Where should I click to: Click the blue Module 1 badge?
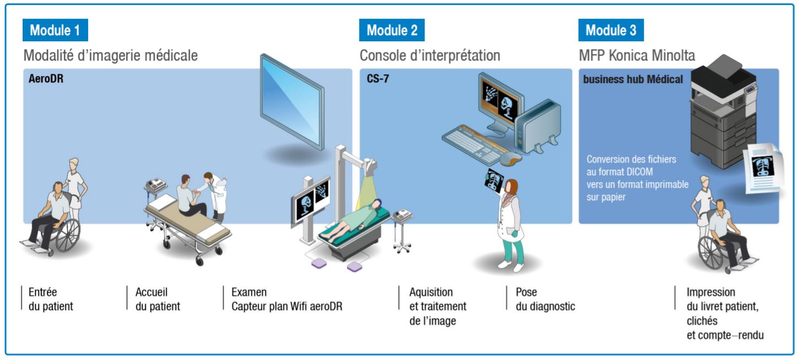[55, 30]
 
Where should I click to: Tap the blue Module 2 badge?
[392, 30]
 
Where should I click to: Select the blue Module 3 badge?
[611, 30]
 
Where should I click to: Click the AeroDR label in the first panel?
[46, 79]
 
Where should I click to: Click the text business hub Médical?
[633, 79]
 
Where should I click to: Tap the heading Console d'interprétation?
[430, 55]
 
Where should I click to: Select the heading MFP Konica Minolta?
[637, 55]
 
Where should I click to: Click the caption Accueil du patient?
[158, 299]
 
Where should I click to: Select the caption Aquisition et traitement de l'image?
[437, 306]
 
